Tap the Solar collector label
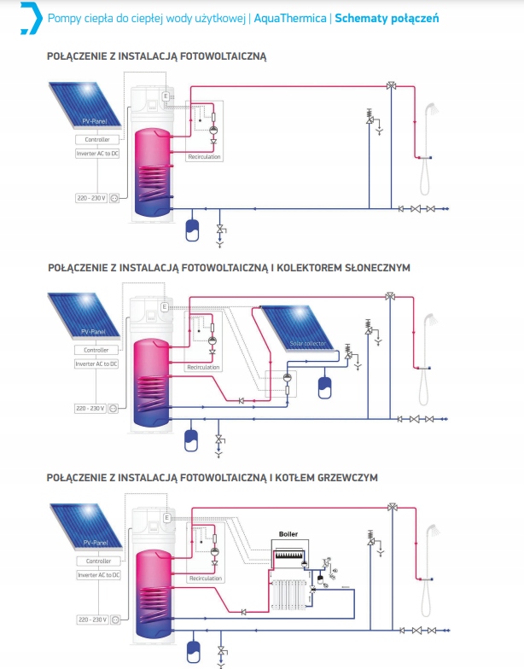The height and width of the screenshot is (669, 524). click(307, 343)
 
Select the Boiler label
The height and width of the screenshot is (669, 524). click(288, 534)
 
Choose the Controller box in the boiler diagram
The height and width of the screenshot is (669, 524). click(96, 561)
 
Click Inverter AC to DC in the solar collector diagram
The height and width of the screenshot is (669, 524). click(96, 364)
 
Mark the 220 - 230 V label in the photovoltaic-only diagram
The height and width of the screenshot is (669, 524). click(90, 198)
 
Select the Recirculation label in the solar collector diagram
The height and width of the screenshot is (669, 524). click(203, 368)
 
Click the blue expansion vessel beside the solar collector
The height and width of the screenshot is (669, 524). click(324, 386)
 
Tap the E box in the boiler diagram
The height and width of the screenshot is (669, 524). click(166, 518)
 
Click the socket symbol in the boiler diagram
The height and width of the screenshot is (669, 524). click(114, 619)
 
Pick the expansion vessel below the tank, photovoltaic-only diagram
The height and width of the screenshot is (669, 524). click(192, 230)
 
